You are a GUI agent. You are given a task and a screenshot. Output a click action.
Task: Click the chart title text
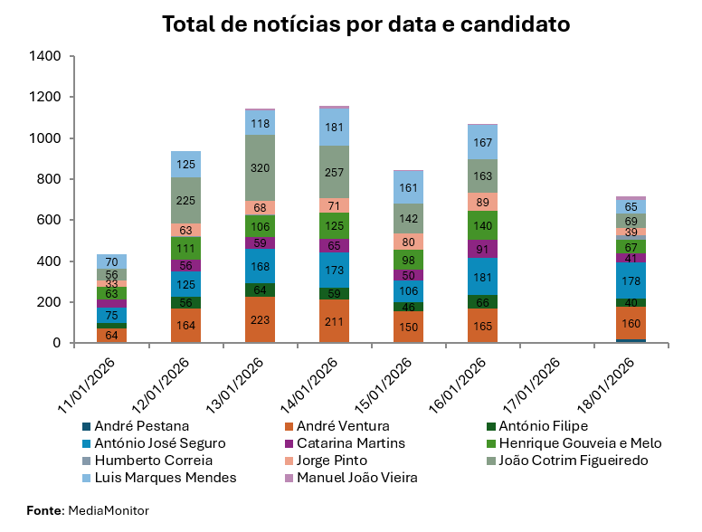pos(365,24)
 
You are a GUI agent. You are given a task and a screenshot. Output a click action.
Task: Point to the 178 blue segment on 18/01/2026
pos(631,280)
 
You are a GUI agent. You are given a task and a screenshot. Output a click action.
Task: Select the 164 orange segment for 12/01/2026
pos(186,326)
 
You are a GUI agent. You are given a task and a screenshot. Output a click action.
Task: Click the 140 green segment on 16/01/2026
pos(483,226)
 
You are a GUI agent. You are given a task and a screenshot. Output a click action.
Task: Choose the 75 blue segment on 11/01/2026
pos(112,315)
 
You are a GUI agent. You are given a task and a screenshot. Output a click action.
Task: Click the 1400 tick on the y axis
pos(45,56)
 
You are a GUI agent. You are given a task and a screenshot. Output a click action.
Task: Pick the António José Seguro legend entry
pos(153,443)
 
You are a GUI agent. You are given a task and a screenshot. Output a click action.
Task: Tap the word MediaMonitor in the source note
pos(109,511)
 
